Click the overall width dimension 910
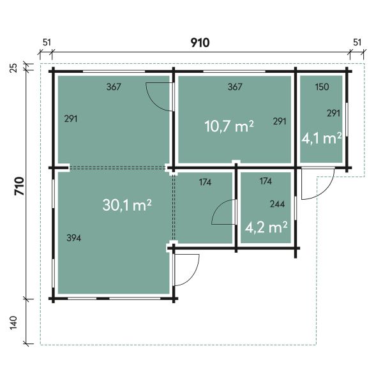coord(200,43)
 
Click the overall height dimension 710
coord(20,186)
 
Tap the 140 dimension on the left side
coord(13,322)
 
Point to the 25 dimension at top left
coord(14,68)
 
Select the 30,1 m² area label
coord(127,205)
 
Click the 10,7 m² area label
coord(229,126)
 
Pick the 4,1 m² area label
coord(321,139)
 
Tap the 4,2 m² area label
coord(266,227)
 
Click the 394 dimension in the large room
coord(74,238)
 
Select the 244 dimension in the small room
coord(277,204)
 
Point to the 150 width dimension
coord(322,87)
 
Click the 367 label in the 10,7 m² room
coord(235,87)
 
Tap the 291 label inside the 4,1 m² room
coord(333,113)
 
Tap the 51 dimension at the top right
coord(357,43)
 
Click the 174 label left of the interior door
coord(205,182)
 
